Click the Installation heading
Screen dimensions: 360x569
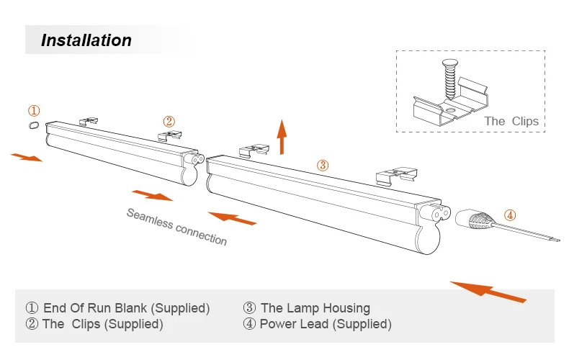tap(86, 40)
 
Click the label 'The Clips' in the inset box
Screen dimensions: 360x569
tap(511, 121)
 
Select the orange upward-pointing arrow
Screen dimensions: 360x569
tap(282, 137)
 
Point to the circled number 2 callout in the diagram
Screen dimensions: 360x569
tap(169, 121)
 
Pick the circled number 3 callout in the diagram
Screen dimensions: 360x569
tap(323, 165)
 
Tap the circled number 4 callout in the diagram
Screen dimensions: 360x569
tap(509, 215)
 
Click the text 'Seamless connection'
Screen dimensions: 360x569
tap(176, 226)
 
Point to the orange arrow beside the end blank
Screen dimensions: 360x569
tap(27, 156)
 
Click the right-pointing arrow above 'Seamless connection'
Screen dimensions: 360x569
tap(152, 194)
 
